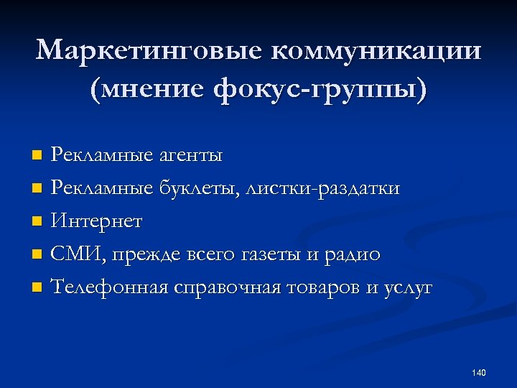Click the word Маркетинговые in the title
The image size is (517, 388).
[147, 51]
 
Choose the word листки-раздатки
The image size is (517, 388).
[323, 188]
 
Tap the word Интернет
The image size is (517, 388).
[96, 221]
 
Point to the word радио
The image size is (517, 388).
[356, 254]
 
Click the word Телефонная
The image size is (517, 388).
[109, 287]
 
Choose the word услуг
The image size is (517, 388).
[408, 287]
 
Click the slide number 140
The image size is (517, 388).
[479, 372]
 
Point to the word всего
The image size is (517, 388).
[214, 254]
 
